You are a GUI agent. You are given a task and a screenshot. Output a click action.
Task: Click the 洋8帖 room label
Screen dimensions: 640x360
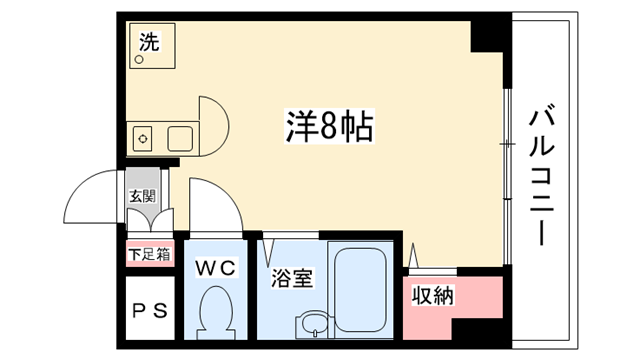[329, 126]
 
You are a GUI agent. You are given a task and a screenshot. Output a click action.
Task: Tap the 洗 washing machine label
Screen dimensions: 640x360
[149, 42]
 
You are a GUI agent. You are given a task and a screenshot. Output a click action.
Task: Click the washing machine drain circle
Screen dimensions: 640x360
[139, 60]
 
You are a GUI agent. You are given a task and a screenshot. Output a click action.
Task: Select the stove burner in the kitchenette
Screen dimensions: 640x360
[143, 139]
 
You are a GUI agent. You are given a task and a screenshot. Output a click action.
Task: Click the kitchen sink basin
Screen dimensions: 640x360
[180, 139]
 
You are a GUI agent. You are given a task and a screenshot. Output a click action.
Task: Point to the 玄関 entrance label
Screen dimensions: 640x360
[142, 196]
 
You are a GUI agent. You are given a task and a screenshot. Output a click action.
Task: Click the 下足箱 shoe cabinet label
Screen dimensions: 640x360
[149, 255]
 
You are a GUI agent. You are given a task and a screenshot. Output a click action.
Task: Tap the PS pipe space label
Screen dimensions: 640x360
[150, 311]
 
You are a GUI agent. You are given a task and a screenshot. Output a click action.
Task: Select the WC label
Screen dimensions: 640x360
[215, 268]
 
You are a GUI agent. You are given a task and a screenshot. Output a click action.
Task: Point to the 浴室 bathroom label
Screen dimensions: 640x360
[292, 278]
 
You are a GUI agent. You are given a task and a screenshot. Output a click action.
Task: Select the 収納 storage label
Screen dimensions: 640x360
[433, 295]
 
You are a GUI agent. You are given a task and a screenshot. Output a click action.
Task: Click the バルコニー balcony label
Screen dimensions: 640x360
[542, 176]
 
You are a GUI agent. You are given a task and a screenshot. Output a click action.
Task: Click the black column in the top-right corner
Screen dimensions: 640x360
[491, 37]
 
